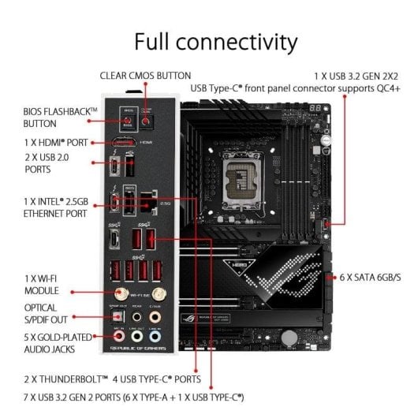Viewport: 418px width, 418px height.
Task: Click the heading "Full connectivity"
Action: [215, 41]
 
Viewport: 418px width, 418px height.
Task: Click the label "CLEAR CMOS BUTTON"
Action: [145, 76]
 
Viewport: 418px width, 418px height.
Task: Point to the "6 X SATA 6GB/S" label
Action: [370, 278]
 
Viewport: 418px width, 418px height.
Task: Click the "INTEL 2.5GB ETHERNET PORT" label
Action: [55, 207]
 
